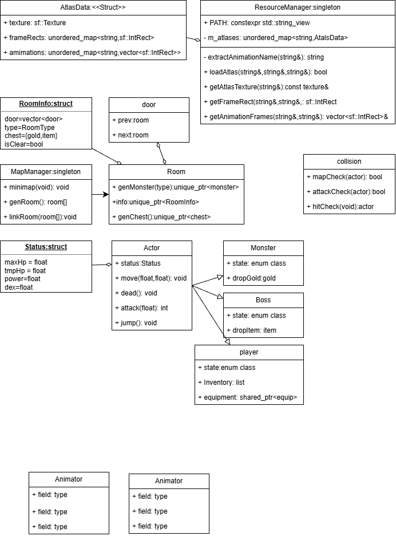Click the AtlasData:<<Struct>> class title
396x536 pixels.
point(93,7)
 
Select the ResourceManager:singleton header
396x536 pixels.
point(297,7)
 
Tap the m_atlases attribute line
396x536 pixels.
point(276,38)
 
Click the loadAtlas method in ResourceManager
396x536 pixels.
point(266,72)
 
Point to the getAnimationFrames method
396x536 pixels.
point(296,117)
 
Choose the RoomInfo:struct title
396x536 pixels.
point(46,104)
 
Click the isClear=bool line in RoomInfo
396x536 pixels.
point(23,144)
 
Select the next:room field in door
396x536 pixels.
point(130,135)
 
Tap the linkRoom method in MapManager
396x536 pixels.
point(40,217)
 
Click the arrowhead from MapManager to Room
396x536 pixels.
point(106,195)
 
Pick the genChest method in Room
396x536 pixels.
point(161,217)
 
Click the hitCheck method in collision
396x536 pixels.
point(340,207)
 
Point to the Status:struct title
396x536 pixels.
point(46,247)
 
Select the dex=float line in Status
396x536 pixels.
point(19,287)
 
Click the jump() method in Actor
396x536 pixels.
point(136,323)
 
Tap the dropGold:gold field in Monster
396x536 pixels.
point(251,278)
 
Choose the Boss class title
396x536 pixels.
point(263,300)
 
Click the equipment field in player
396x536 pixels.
point(248,397)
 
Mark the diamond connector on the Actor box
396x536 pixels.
point(108,264)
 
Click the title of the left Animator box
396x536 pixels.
point(69,479)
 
